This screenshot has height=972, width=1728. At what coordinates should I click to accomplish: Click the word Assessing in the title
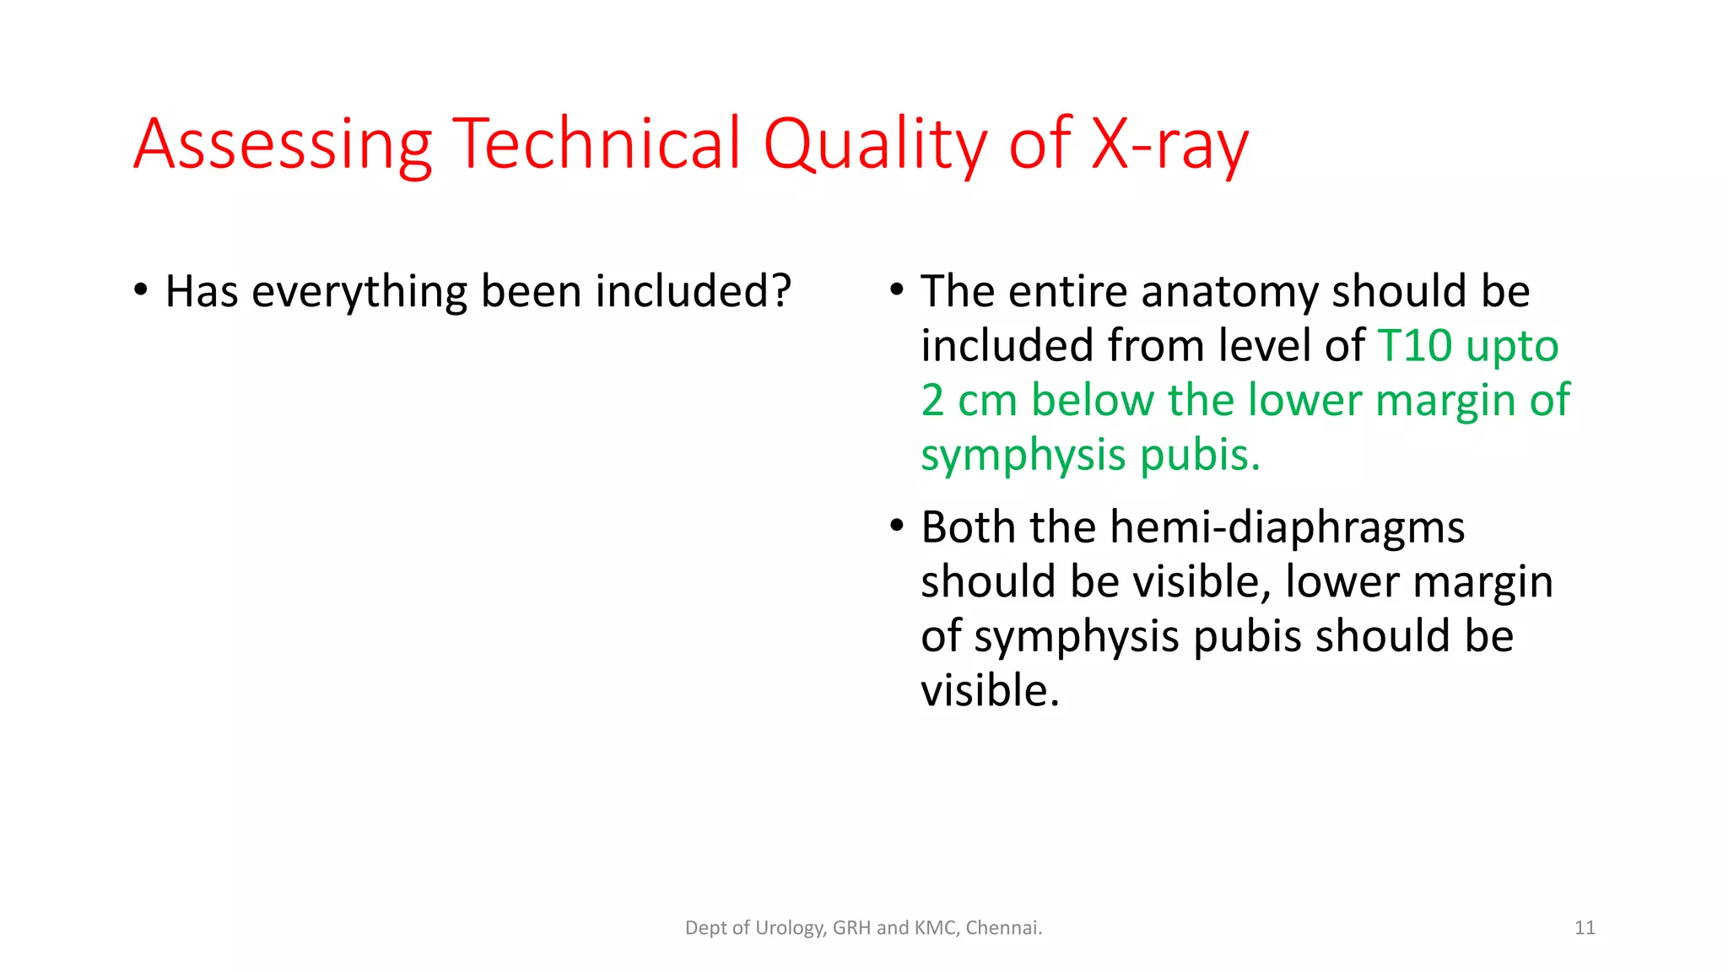point(283,145)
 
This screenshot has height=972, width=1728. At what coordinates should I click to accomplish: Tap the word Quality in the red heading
point(875,145)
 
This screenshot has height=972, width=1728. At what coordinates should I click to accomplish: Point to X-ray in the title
point(1169,145)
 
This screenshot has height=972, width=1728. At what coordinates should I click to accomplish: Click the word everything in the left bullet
point(359,292)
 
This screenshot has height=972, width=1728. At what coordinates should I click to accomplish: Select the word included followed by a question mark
point(694,292)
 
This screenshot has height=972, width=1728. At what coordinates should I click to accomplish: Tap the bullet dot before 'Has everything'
point(141,290)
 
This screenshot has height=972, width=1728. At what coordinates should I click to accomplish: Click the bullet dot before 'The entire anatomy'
point(897,290)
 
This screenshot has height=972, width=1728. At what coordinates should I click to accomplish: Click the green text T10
point(1414,346)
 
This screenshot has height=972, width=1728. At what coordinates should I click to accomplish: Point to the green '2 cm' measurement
point(969,400)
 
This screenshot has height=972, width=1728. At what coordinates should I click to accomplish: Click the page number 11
point(1585,928)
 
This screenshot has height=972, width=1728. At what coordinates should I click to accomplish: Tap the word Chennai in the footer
point(1003,928)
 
